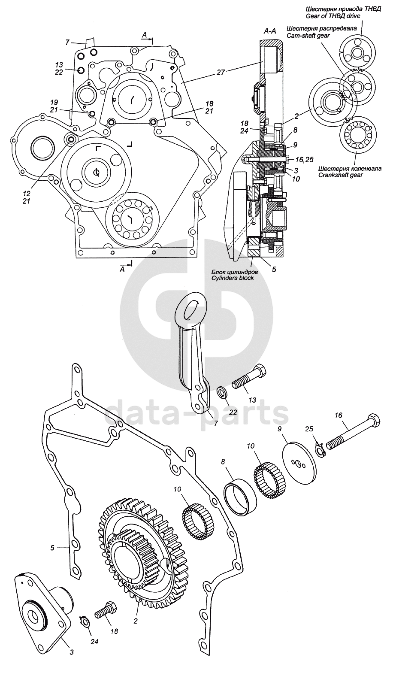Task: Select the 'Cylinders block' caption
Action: tap(232, 278)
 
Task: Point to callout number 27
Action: tap(220, 72)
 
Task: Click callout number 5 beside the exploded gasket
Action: tap(52, 547)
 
